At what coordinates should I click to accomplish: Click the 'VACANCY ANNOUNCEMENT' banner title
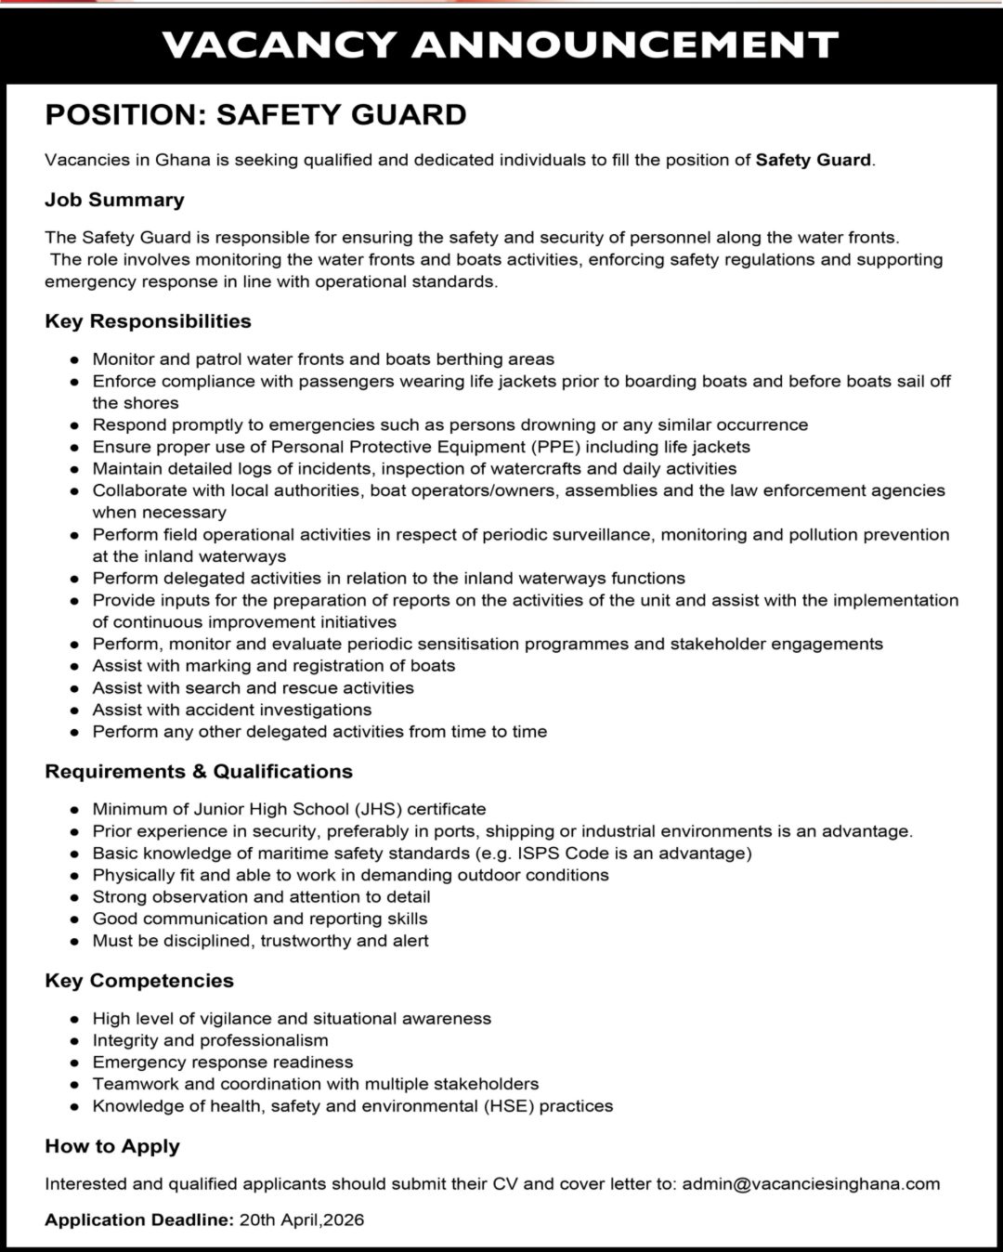500,44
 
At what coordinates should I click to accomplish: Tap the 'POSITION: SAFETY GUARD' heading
255,114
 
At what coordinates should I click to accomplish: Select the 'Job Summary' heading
114,200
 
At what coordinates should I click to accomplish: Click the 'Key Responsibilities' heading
148,321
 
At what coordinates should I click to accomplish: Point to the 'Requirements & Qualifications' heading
199,772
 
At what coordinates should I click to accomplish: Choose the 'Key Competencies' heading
139,981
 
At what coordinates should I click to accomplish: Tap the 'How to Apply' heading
112,1146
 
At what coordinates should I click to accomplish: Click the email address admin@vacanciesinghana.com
811,1184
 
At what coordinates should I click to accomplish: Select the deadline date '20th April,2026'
302,1220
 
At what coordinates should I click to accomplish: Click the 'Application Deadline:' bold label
139,1220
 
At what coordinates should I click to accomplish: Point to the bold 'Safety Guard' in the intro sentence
814,160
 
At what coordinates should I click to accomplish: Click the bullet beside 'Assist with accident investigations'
74,711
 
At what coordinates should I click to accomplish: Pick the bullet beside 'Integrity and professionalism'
74,1041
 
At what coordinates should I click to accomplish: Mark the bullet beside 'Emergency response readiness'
74,1063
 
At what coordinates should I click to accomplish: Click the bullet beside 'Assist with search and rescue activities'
74,688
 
